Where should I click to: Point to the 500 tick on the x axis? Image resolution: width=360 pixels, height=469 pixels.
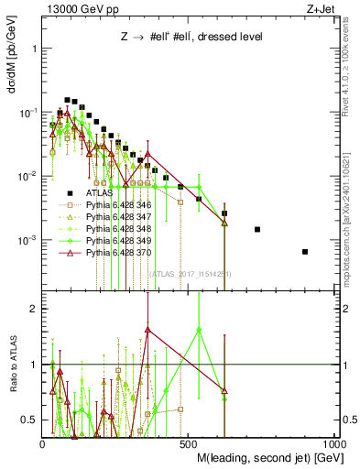188,443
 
